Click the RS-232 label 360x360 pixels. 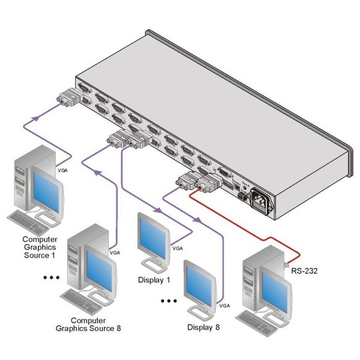305,271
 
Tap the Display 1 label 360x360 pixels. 154,280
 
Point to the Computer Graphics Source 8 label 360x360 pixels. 88,324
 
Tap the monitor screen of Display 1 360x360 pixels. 154,236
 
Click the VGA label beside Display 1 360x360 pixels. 177,248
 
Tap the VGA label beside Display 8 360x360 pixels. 224,305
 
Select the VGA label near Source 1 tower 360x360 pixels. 62,170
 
